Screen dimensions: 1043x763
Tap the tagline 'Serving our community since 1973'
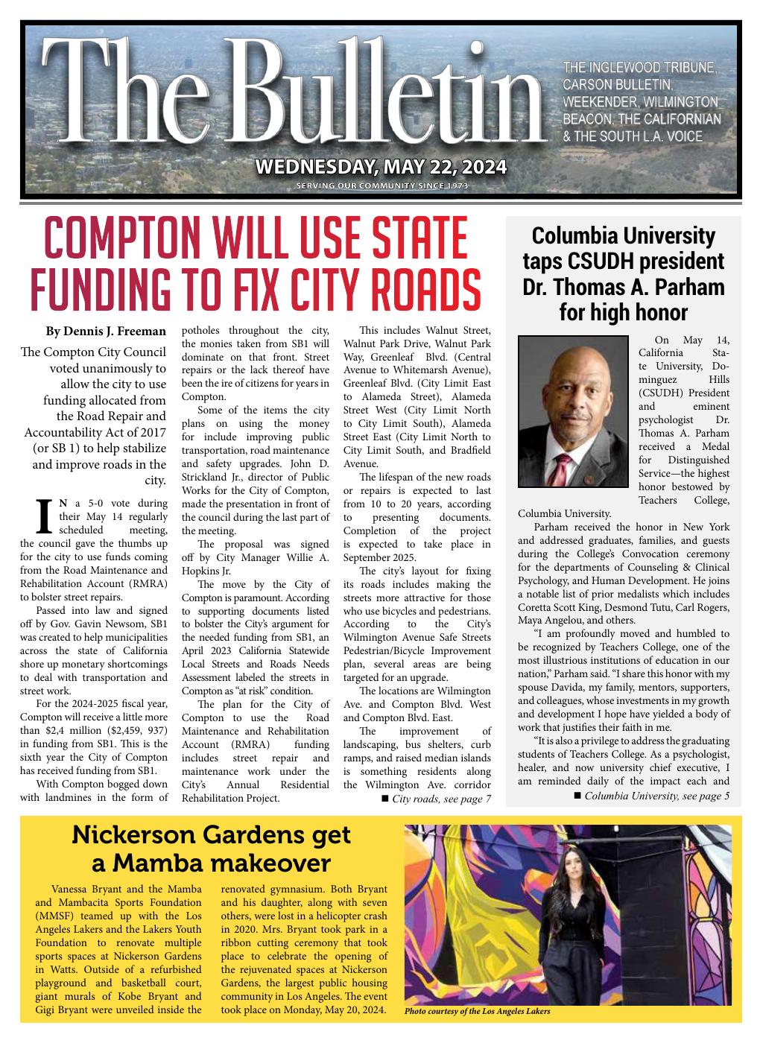click(381, 186)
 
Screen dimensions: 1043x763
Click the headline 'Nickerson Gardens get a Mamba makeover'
click(211, 849)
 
